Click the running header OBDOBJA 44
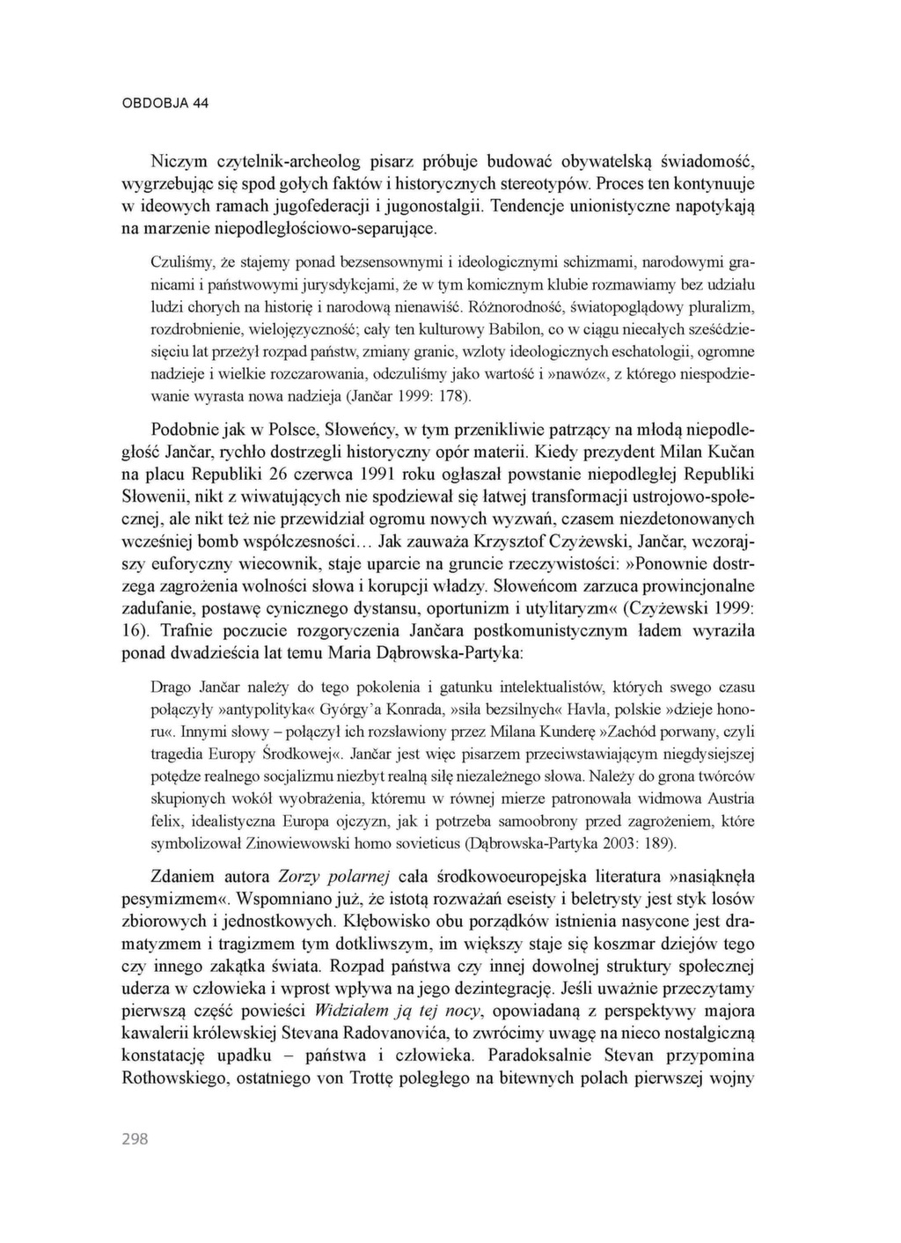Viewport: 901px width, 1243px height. coord(165,103)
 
